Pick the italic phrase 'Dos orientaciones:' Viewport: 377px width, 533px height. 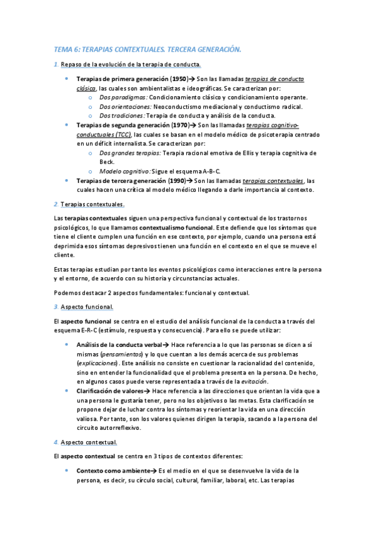click(x=125, y=107)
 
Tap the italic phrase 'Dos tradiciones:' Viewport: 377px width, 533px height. click(x=122, y=116)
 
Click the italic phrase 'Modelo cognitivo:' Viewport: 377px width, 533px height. click(x=125, y=171)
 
